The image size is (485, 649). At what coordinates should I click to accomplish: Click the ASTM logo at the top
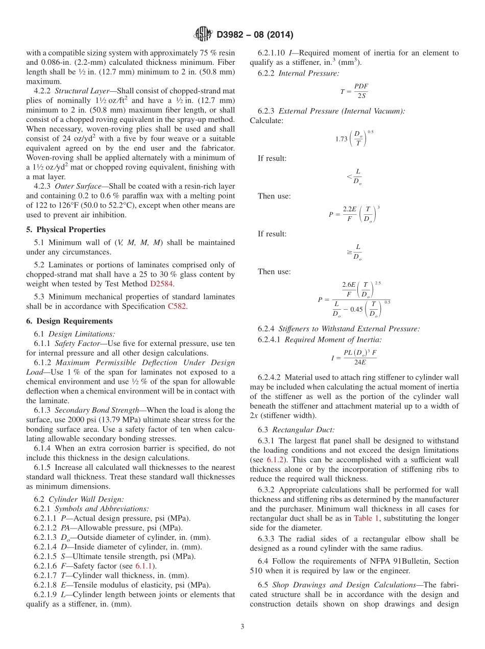pos(203,35)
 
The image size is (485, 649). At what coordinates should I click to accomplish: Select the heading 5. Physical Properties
pos(66,230)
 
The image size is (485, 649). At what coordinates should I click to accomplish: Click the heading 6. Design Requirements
pos(69,321)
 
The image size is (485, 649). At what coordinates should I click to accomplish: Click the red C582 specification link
pos(177,306)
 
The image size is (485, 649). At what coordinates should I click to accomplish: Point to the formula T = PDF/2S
pos(354,91)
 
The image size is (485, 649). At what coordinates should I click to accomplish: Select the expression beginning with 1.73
pos(354,139)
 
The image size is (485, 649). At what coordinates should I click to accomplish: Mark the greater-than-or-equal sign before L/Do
pos(349,252)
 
